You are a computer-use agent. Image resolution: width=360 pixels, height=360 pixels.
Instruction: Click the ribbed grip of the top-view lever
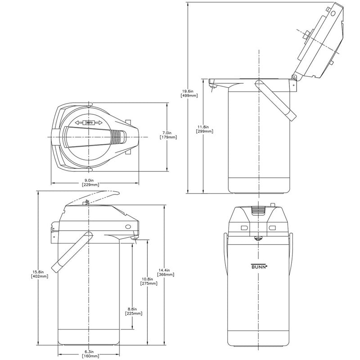point(118,136)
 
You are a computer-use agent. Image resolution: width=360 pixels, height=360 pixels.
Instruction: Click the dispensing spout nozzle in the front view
point(259,239)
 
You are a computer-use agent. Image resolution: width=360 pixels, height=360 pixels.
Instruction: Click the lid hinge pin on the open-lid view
point(294,77)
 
